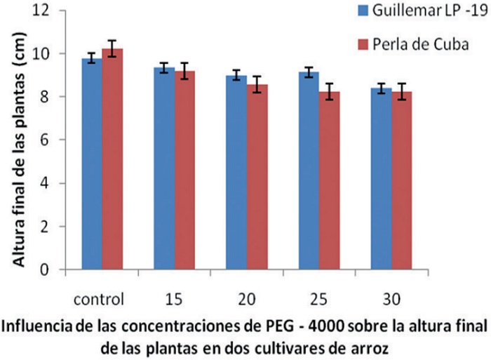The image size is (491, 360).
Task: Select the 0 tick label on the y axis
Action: click(50, 269)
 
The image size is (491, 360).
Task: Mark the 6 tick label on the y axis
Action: click(50, 140)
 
